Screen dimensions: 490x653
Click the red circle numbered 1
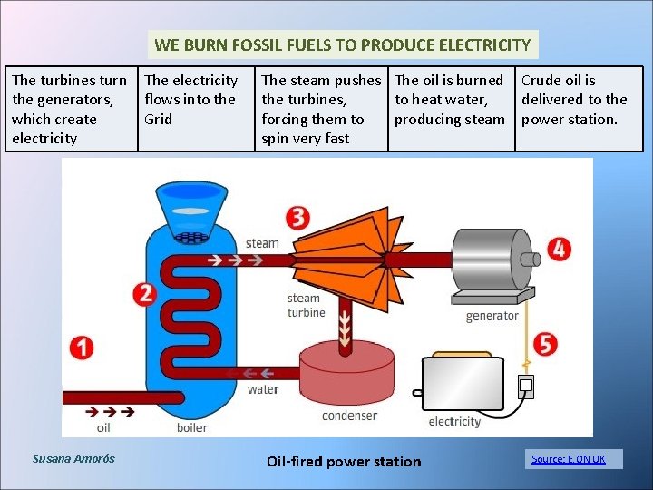point(81,348)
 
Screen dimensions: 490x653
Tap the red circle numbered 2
point(143,293)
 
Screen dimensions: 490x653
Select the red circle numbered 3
point(297,217)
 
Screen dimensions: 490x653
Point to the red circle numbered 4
point(559,249)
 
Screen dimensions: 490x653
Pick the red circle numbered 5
point(545,344)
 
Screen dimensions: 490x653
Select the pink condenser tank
point(349,374)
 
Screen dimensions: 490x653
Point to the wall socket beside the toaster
point(525,387)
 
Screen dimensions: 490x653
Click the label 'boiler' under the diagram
point(191,427)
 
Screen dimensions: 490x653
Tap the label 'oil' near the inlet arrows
point(103,427)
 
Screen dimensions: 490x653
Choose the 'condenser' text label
point(349,416)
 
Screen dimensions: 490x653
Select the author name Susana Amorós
point(73,459)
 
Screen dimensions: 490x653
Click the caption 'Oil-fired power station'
point(344,461)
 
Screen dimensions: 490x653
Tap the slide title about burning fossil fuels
point(343,44)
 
